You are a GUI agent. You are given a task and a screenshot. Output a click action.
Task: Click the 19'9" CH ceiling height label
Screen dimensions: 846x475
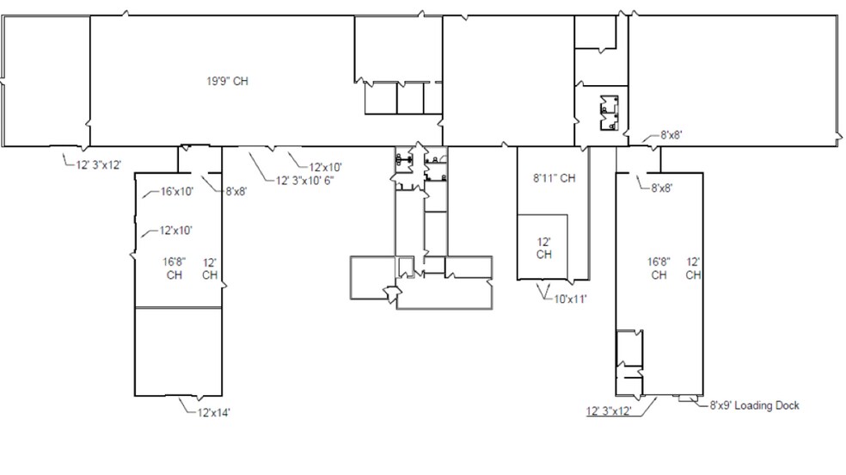(x=227, y=82)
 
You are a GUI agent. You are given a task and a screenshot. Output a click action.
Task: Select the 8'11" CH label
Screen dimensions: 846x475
(x=554, y=178)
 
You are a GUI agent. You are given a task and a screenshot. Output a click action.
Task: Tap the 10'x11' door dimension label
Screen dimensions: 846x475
(x=570, y=299)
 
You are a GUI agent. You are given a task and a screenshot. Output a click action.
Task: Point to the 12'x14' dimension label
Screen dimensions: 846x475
(x=214, y=413)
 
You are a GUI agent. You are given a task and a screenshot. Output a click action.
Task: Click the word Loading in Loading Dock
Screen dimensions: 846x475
(x=753, y=405)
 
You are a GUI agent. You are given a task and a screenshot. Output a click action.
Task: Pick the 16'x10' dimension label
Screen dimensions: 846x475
(x=177, y=191)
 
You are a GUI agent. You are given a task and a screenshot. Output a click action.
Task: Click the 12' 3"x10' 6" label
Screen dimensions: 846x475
(x=305, y=181)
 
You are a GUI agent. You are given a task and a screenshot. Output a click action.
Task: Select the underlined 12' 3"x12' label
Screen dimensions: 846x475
(x=609, y=410)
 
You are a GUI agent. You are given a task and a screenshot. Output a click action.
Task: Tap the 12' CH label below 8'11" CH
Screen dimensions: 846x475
(x=544, y=249)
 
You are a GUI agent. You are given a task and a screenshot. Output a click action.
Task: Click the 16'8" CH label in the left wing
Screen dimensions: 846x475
(x=175, y=268)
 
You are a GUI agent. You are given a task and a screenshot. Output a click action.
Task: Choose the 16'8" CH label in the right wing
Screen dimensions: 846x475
(x=659, y=268)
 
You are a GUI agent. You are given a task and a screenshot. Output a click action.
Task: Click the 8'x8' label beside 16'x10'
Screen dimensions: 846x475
(x=236, y=191)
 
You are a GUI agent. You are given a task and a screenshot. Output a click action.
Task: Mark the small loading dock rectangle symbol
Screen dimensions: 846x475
(x=688, y=398)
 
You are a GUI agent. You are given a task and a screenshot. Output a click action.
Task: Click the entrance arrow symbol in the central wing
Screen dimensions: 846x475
(x=392, y=293)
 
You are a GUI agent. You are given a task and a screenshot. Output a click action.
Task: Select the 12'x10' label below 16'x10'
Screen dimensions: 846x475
(x=176, y=231)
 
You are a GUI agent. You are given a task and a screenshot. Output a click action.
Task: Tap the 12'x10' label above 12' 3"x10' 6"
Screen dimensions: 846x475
(x=325, y=167)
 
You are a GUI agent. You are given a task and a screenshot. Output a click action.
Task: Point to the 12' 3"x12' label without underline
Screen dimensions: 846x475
(x=99, y=165)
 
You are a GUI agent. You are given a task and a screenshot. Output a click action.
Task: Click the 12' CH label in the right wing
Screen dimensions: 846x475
(x=693, y=268)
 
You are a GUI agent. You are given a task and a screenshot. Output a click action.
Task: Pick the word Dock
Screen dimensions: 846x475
(x=788, y=405)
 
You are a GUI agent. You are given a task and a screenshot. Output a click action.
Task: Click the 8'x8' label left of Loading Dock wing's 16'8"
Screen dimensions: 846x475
(x=662, y=188)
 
